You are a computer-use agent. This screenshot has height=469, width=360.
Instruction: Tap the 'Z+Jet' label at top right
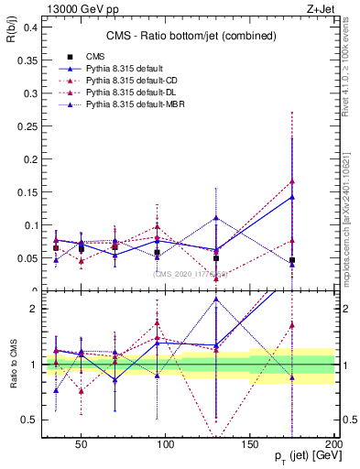point(318,7)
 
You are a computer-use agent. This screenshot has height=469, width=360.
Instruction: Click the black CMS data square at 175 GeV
point(292,260)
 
